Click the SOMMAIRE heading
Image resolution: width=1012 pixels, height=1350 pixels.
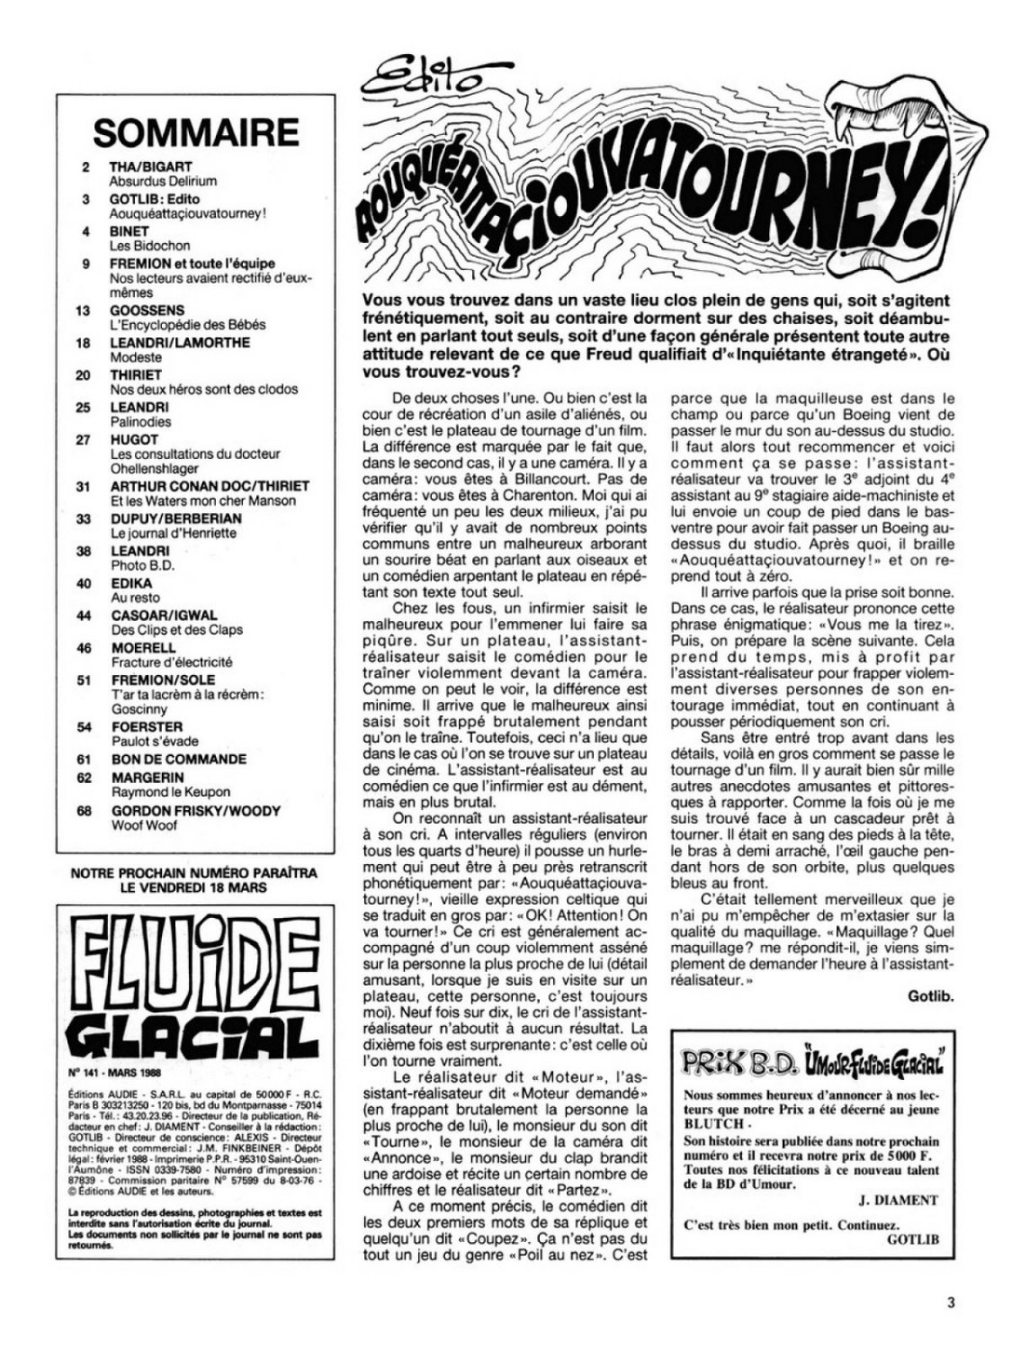tap(195, 131)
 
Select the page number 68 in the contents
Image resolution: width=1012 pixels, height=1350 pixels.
tap(85, 810)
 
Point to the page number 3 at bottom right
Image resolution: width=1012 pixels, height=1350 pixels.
tap(950, 1300)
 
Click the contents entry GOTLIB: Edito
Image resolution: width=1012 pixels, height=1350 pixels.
tap(154, 199)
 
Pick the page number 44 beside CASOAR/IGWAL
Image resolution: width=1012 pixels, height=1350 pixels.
tap(85, 616)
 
